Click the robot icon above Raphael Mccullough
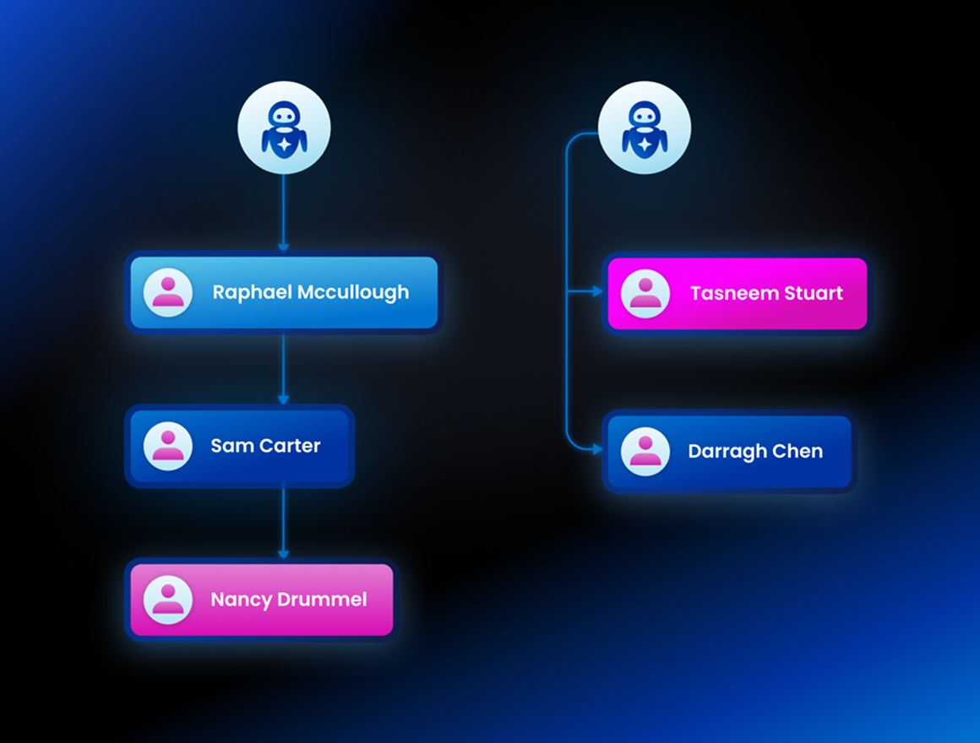(x=284, y=127)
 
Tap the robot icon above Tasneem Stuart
(x=645, y=127)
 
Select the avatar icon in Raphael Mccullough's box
(x=168, y=292)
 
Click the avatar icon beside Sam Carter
(x=168, y=446)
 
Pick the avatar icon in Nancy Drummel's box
(x=168, y=599)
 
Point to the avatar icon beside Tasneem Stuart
(x=645, y=294)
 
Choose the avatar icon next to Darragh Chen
(x=645, y=451)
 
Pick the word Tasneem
(x=727, y=294)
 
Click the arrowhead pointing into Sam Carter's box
(x=283, y=399)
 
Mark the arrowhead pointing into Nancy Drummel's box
(x=283, y=553)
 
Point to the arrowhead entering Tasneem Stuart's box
(x=597, y=291)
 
